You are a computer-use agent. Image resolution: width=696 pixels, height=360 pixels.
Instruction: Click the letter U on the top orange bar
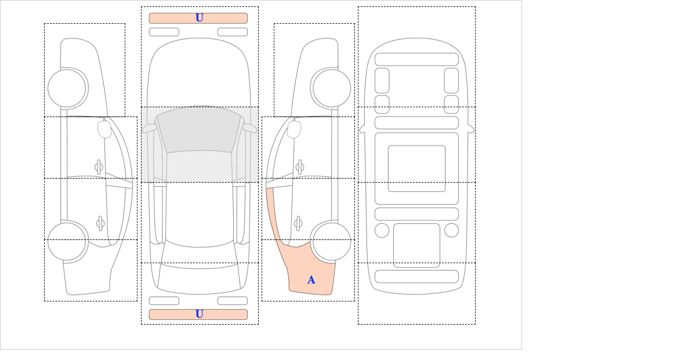coord(200,18)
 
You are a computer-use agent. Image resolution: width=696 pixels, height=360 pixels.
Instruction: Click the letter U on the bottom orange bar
coord(200,314)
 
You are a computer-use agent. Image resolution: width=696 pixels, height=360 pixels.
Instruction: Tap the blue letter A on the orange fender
coord(311,280)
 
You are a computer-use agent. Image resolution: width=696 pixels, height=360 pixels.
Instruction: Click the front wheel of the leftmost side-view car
coord(67,88)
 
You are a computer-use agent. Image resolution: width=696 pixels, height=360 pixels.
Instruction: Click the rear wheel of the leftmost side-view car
coord(67,241)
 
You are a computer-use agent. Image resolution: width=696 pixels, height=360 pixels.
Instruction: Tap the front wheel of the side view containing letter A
coord(332,88)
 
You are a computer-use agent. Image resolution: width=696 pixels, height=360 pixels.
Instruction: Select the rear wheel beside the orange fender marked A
coord(332,241)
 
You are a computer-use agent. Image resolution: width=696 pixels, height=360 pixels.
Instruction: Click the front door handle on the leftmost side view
coord(99,168)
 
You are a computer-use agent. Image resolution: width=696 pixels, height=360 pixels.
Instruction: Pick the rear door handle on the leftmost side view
coord(100,223)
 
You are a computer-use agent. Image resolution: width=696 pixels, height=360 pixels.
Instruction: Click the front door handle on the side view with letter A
coord(300,168)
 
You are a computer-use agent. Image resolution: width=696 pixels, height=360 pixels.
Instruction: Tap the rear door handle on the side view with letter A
coord(298,223)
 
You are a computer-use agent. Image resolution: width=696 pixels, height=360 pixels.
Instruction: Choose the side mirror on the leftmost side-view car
coord(104,129)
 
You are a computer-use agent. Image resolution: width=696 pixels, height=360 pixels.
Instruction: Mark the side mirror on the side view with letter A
coord(294,129)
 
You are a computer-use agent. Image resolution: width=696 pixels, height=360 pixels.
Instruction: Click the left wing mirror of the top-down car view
coord(150,128)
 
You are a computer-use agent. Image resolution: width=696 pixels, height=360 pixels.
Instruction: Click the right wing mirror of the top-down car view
coord(249,128)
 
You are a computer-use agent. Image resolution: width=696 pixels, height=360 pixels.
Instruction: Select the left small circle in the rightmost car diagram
coord(382,231)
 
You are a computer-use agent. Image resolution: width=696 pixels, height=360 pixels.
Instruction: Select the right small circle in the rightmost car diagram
coord(451,231)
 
